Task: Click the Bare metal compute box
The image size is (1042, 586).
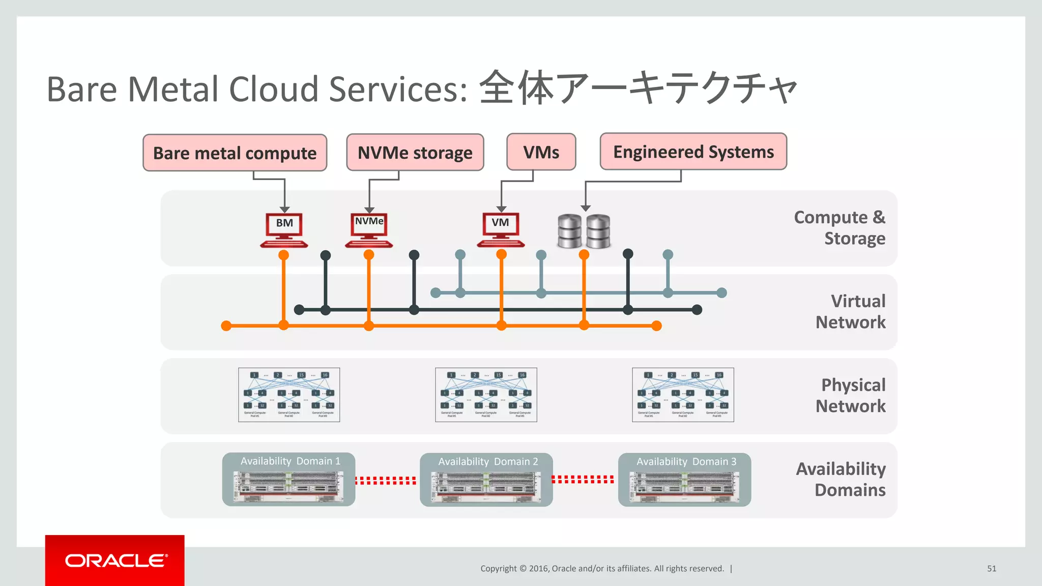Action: [x=235, y=153]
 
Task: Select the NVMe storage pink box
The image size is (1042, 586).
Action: [x=415, y=152]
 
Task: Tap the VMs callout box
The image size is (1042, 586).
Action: [x=541, y=152]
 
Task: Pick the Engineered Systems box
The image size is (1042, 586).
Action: [x=693, y=152]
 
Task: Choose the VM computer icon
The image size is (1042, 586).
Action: [x=501, y=229]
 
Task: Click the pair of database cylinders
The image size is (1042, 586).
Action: [x=584, y=231]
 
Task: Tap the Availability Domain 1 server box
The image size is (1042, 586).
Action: [x=288, y=479]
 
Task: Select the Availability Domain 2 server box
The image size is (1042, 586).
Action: [x=486, y=480]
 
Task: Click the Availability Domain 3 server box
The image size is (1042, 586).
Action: [x=684, y=480]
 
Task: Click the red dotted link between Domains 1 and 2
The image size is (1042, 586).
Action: [x=386, y=480]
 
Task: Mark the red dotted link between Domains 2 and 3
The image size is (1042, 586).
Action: [x=583, y=479]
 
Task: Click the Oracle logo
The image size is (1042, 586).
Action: [x=115, y=561]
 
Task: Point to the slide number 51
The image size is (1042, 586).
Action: [x=991, y=568]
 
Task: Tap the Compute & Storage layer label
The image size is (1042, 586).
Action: [x=840, y=227]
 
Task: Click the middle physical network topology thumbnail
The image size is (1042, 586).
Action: [x=486, y=395]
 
